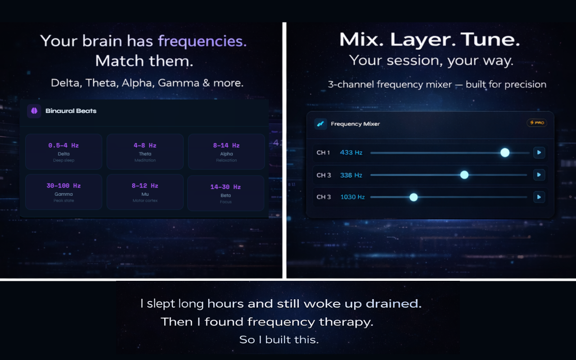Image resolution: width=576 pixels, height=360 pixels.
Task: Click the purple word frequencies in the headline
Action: tap(202, 41)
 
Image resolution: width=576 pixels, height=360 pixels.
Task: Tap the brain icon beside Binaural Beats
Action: tap(34, 111)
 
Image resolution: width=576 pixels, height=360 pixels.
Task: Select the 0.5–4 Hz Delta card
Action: tap(63, 152)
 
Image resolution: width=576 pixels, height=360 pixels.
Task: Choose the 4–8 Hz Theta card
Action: tap(145, 152)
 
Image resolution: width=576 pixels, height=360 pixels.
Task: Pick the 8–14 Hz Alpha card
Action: tap(226, 152)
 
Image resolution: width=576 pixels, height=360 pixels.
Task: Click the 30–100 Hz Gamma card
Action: tap(63, 192)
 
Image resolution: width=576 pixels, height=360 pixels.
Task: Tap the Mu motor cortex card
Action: tap(145, 192)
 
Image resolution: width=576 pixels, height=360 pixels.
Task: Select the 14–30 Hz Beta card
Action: tap(225, 193)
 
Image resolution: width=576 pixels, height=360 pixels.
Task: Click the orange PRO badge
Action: tap(537, 122)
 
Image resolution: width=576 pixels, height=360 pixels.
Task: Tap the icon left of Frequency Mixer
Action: tap(320, 124)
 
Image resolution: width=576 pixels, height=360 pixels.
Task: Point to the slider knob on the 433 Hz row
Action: tap(505, 153)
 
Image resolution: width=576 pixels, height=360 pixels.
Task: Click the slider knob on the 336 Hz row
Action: tap(464, 175)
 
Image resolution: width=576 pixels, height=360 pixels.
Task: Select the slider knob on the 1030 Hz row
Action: tap(414, 197)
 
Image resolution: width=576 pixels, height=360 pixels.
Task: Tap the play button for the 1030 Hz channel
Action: tap(539, 197)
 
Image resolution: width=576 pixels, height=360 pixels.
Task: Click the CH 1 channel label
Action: tap(323, 153)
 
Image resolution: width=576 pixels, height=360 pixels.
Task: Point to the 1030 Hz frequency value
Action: tap(352, 197)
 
